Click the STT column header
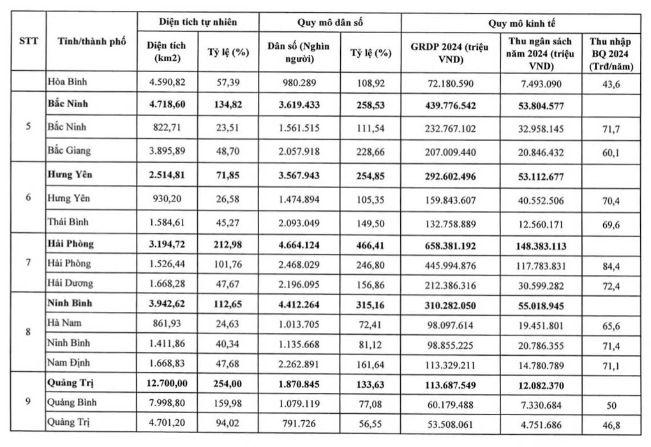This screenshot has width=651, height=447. [27, 42]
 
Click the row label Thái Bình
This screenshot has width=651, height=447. [68, 221]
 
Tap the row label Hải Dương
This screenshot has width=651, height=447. [70, 282]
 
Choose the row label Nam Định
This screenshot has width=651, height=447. [68, 362]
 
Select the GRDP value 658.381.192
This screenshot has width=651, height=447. [451, 244]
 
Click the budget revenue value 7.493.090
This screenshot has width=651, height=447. [540, 82]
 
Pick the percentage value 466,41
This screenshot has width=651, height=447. [370, 244]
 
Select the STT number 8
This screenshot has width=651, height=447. [27, 332]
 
